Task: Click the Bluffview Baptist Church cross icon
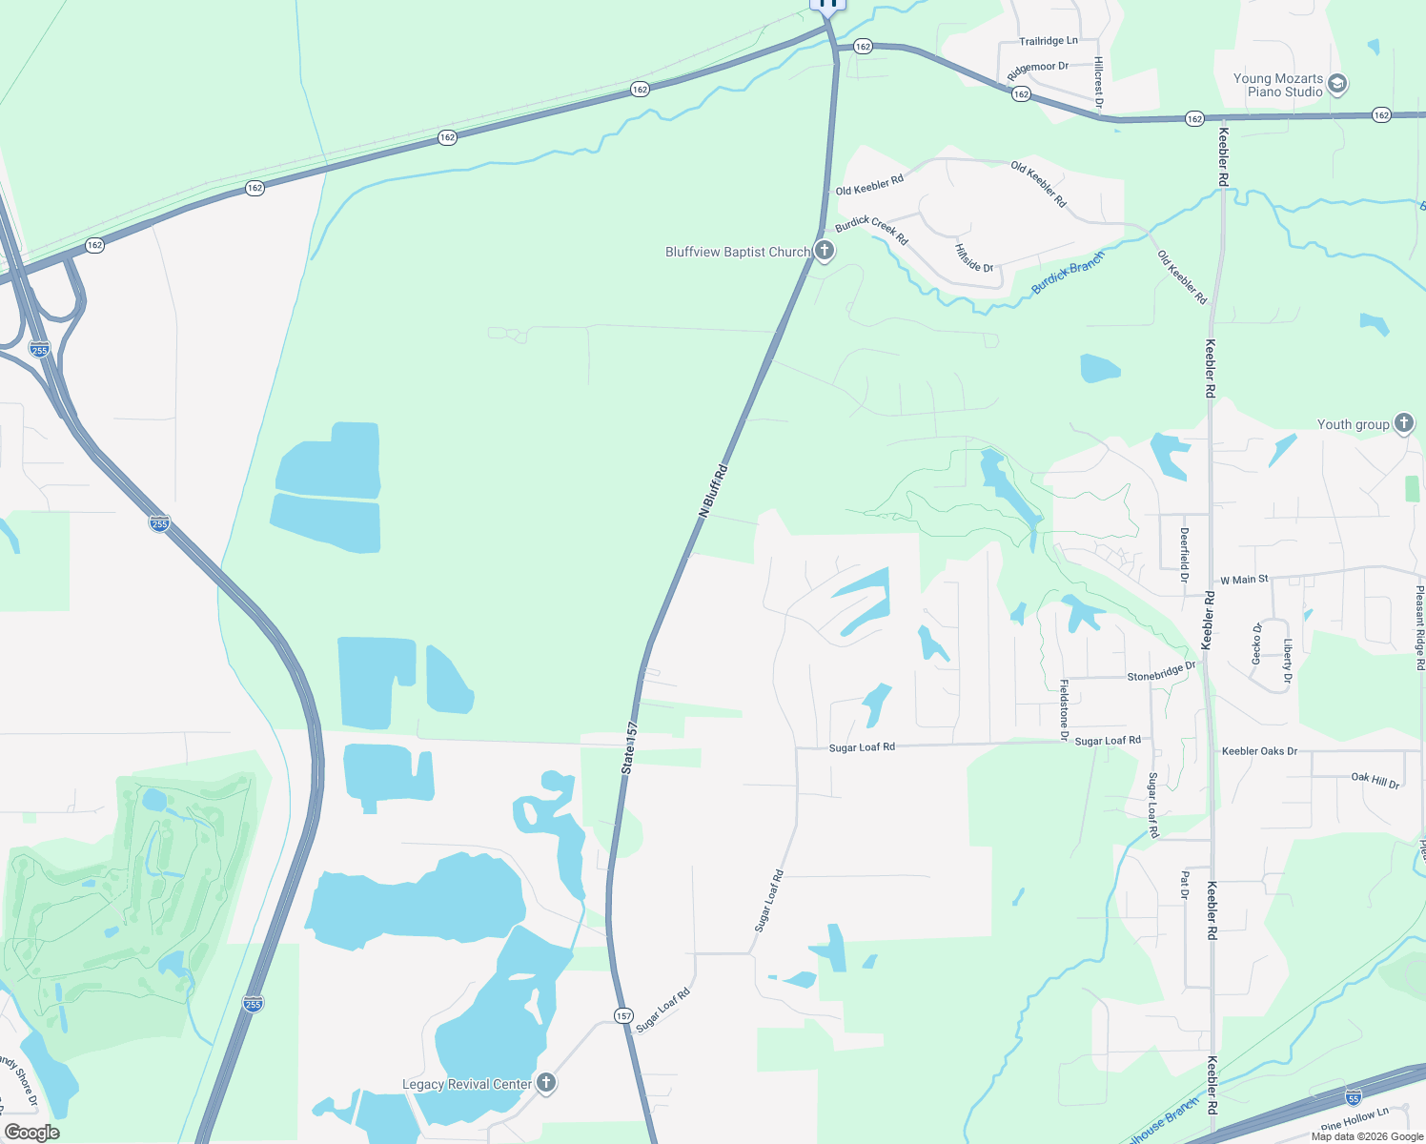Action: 825,252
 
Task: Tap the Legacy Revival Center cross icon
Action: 546,1083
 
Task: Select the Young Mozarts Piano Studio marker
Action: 1337,85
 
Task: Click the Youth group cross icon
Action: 1403,423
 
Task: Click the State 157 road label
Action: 628,748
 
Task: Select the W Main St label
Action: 1244,580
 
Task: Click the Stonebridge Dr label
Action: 1161,672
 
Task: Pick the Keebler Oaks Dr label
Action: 1259,751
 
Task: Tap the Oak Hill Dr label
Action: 1375,780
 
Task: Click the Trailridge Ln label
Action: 1049,41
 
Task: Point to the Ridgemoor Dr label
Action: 1038,71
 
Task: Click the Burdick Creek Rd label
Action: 871,230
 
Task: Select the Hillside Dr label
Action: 974,257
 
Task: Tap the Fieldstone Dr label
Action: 1064,709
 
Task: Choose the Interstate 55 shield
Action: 1353,1096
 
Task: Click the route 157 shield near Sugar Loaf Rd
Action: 623,1015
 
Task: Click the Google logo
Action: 31,1133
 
